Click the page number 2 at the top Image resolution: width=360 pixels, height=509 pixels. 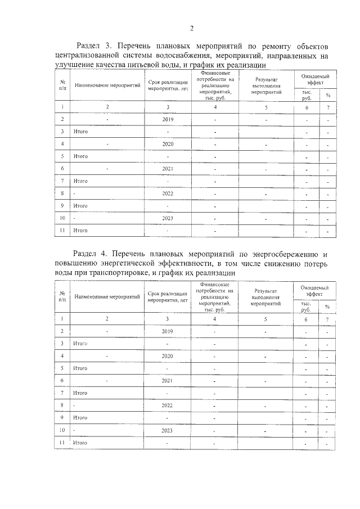coord(191,29)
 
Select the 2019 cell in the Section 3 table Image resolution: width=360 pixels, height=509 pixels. coord(167,119)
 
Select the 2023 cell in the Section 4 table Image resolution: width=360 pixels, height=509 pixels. coord(167,430)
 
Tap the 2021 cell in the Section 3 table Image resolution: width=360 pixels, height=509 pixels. coord(167,168)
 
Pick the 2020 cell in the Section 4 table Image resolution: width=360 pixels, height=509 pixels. coord(167,356)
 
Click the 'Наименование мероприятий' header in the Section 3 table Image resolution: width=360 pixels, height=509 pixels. coord(107,87)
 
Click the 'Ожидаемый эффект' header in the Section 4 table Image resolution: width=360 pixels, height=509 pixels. coord(314,290)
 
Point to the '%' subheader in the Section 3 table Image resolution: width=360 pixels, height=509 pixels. coord(328,95)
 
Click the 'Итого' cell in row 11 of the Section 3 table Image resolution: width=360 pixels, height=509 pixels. coord(80,230)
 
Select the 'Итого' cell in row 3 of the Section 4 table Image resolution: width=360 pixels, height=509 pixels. coord(80,343)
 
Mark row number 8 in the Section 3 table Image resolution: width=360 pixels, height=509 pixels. coord(61,193)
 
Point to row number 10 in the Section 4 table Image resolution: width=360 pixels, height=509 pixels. coord(61,430)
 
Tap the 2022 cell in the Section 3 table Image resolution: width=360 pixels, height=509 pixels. coord(167,193)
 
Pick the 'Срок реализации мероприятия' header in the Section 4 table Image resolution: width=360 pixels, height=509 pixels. coord(167,296)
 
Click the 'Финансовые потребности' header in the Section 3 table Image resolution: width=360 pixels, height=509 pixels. coord(215,85)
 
